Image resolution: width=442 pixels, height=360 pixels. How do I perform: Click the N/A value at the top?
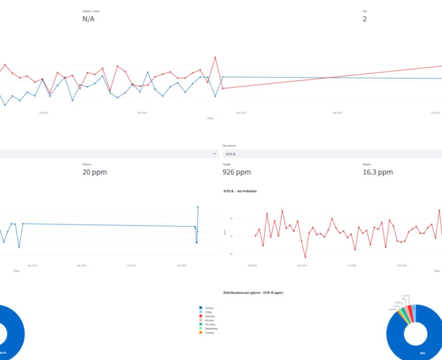[88, 19]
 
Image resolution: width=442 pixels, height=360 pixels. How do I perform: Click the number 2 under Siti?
[364, 19]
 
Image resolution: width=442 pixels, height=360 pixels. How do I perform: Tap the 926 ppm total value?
[236, 172]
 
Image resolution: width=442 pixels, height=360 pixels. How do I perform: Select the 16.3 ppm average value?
[377, 172]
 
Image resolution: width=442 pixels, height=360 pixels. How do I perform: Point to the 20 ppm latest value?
[95, 172]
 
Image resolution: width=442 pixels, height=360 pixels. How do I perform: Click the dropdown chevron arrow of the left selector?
[215, 154]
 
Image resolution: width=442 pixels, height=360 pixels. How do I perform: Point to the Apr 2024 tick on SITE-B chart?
[302, 265]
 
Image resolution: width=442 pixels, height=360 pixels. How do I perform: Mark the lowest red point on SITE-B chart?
[305, 257]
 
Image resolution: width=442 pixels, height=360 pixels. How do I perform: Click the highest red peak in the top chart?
[215, 57]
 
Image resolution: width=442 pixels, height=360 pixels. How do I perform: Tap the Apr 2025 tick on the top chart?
[337, 113]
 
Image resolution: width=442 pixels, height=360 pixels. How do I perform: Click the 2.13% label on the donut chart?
[405, 296]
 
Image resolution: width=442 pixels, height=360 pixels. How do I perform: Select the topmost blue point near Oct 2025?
[198, 206]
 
